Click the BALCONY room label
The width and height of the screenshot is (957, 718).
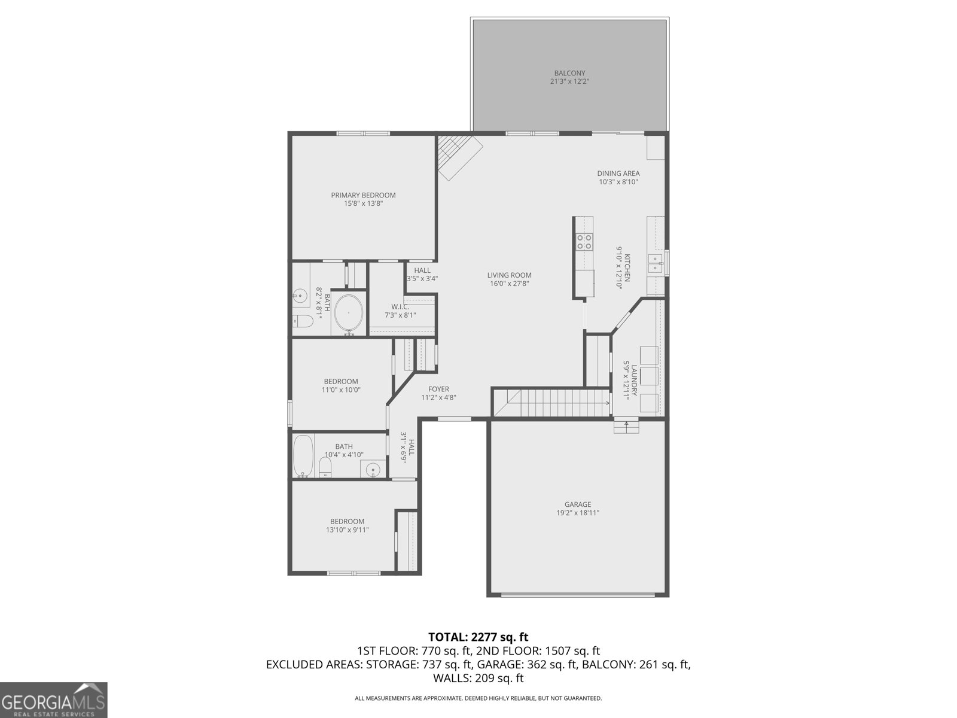coord(569,73)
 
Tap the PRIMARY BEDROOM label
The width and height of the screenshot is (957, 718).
coord(363,195)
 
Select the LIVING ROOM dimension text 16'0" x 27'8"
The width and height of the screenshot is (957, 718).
coord(509,284)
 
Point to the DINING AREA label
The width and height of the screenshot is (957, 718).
coord(618,174)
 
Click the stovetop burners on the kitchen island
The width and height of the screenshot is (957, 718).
coord(584,242)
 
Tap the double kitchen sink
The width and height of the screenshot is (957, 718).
coord(656,263)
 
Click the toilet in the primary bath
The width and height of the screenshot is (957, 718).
coord(303,321)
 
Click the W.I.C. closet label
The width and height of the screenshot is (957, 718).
coord(400,307)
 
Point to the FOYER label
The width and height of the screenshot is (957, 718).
coord(438,390)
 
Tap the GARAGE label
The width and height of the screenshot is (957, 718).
coord(578,504)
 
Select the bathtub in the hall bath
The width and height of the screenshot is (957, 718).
coord(303,456)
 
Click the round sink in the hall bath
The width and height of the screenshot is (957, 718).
coord(373,470)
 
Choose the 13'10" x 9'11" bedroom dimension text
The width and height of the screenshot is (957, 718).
coord(347,530)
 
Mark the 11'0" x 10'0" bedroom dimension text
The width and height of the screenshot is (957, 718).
coord(341,390)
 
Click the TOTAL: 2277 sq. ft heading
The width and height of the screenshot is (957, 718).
coord(478,637)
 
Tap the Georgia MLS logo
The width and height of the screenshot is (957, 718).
coord(53,700)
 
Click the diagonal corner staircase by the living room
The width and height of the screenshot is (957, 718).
coord(459,156)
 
